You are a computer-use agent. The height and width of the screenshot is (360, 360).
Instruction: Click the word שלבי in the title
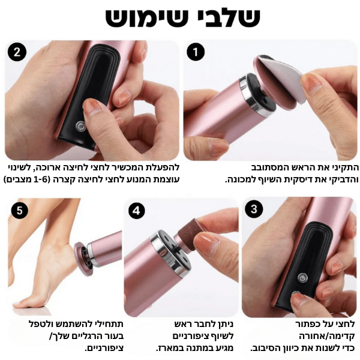tap(227, 17)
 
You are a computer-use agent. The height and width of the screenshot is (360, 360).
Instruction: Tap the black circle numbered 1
tap(196, 52)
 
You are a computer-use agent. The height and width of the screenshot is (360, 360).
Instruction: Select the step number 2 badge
tap(17, 52)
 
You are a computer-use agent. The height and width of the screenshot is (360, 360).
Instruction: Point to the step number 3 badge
tap(254, 209)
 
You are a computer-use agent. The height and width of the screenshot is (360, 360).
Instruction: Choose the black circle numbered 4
tap(136, 211)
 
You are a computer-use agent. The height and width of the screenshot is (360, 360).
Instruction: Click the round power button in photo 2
tap(80, 126)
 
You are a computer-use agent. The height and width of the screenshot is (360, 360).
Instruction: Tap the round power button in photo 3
tap(302, 278)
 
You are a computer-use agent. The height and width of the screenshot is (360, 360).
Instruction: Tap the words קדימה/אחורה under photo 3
tap(327, 335)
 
